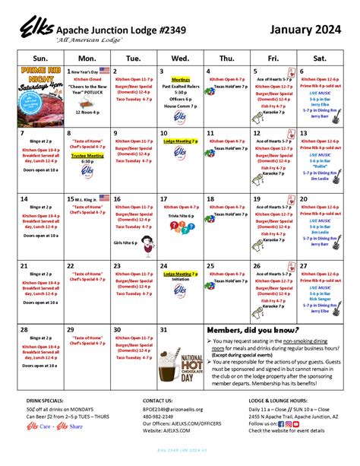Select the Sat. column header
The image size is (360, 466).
click(x=318, y=57)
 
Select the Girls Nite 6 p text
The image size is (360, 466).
click(x=125, y=243)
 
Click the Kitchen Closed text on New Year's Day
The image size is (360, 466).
click(x=87, y=78)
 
